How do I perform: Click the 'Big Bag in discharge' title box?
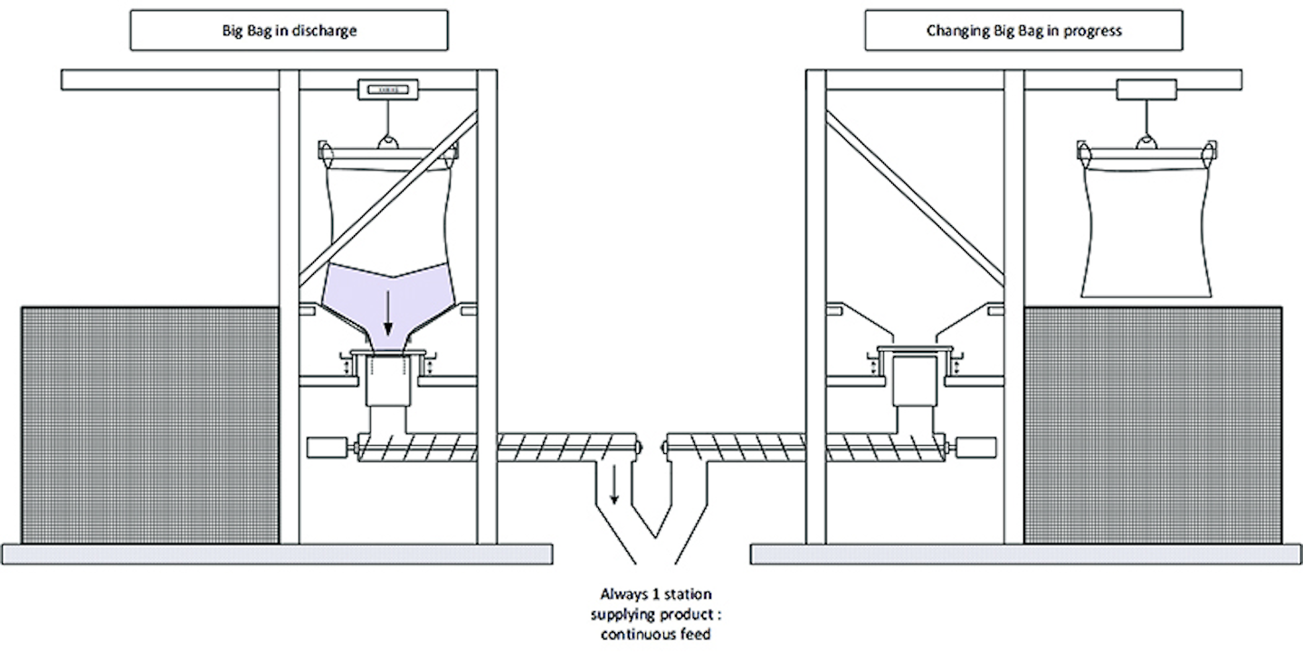[x=290, y=31]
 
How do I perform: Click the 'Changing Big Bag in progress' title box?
[x=1023, y=31]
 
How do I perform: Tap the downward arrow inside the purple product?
[x=388, y=315]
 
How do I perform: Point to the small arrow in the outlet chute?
[x=614, y=486]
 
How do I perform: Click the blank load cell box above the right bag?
[x=1146, y=90]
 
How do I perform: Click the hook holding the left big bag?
[x=387, y=140]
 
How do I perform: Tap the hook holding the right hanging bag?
[x=1146, y=140]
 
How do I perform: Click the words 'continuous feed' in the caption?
[x=656, y=635]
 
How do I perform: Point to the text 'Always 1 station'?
[x=656, y=594]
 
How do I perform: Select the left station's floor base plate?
[x=277, y=554]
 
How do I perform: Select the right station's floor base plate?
[x=1026, y=554]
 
